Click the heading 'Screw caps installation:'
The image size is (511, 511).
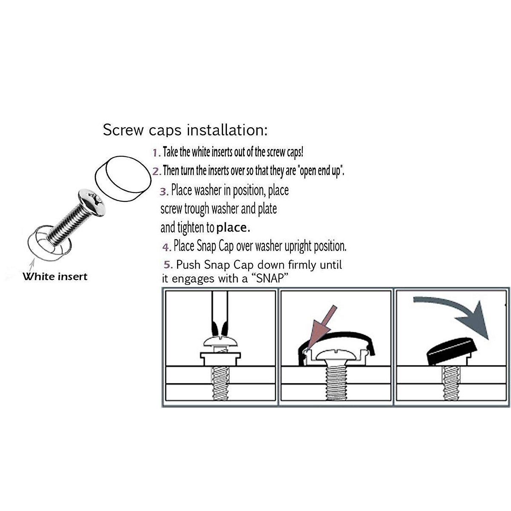(x=185, y=130)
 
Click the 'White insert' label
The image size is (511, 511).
(x=55, y=277)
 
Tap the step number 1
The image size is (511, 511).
(x=156, y=153)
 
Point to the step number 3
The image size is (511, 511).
(x=164, y=191)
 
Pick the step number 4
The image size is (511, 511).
(x=166, y=247)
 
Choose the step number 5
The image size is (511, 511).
(x=168, y=265)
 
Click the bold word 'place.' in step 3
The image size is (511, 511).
(x=233, y=228)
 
